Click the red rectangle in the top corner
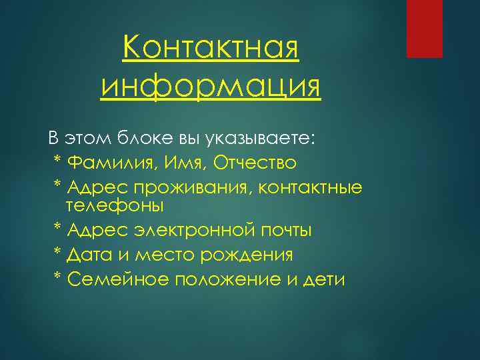(x=425, y=29)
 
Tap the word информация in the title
(x=211, y=87)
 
